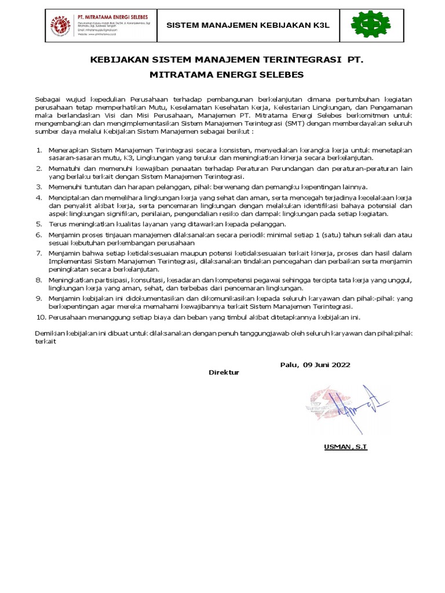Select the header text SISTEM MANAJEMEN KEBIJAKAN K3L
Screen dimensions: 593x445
[x=248, y=25]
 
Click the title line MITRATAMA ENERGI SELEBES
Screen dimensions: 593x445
[x=227, y=75]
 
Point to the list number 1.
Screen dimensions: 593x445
[x=39, y=150]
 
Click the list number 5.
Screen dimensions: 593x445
[x=39, y=224]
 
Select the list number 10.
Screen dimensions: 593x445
[x=41, y=317]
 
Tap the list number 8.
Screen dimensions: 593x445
[x=39, y=280]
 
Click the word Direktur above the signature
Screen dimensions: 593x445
[x=224, y=372]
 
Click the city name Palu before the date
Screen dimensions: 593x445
[x=289, y=365]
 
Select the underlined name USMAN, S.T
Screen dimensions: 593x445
[x=345, y=447]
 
